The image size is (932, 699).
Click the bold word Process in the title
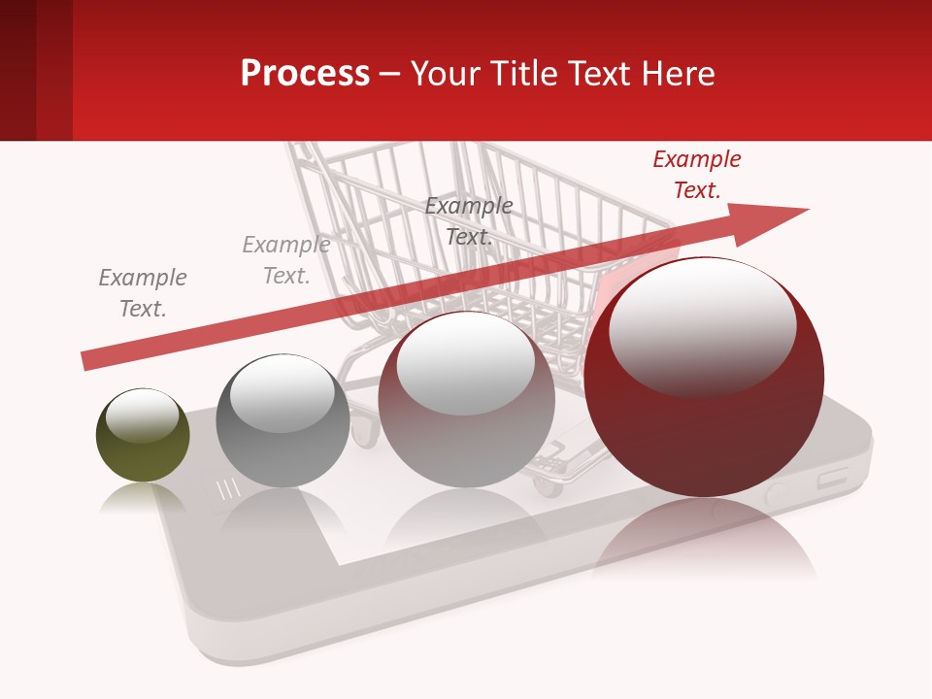tap(305, 74)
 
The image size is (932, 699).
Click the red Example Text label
tap(696, 175)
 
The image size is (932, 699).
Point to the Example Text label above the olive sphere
tap(143, 293)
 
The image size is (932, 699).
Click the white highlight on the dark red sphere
tap(702, 325)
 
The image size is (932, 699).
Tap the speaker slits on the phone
tap(227, 489)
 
